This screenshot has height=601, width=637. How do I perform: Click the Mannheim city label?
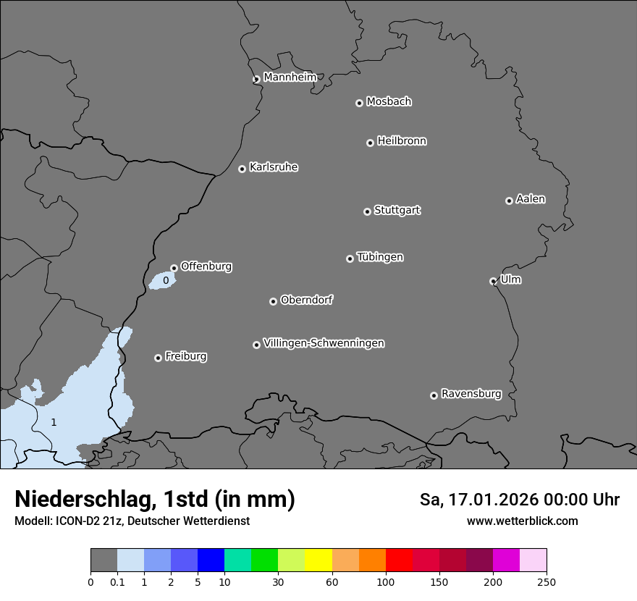click(290, 77)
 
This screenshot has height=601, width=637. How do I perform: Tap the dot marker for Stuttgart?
click(367, 211)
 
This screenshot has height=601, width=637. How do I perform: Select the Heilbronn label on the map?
click(402, 141)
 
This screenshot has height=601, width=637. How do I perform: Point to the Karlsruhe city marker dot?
click(242, 169)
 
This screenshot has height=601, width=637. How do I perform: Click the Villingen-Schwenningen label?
click(324, 343)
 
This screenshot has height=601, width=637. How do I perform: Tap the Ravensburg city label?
click(471, 394)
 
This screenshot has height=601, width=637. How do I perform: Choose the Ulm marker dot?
click(493, 281)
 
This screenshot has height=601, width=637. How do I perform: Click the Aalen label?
click(531, 199)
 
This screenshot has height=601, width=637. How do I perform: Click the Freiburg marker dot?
click(158, 358)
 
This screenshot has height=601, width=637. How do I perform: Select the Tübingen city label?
click(380, 257)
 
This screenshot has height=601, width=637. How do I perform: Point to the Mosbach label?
click(389, 102)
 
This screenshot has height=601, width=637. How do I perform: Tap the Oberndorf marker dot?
click(273, 301)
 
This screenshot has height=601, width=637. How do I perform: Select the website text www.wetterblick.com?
click(522, 521)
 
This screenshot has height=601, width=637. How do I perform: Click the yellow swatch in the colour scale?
click(318, 560)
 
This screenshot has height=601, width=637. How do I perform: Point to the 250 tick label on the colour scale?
click(547, 581)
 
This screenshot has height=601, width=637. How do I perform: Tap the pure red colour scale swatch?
click(399, 560)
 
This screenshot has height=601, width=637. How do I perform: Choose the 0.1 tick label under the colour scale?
click(117, 581)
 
